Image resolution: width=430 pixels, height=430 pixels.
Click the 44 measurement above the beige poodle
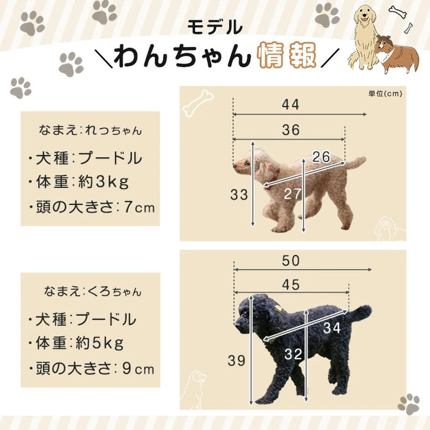(x=291, y=105)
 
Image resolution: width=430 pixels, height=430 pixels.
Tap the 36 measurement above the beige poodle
(x=291, y=130)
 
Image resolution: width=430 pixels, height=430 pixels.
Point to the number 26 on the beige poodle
(x=321, y=157)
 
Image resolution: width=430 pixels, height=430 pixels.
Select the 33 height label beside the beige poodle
(x=239, y=195)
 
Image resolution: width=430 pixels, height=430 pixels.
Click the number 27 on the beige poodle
(x=293, y=195)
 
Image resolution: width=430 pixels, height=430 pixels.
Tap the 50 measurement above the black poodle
(x=292, y=260)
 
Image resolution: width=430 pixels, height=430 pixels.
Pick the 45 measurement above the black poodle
(x=292, y=286)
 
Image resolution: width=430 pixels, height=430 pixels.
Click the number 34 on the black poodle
(x=332, y=328)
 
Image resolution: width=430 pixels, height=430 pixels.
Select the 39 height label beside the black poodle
(x=237, y=361)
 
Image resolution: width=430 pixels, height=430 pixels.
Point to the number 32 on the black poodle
(x=294, y=354)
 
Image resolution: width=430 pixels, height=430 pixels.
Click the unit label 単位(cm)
(x=385, y=94)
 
